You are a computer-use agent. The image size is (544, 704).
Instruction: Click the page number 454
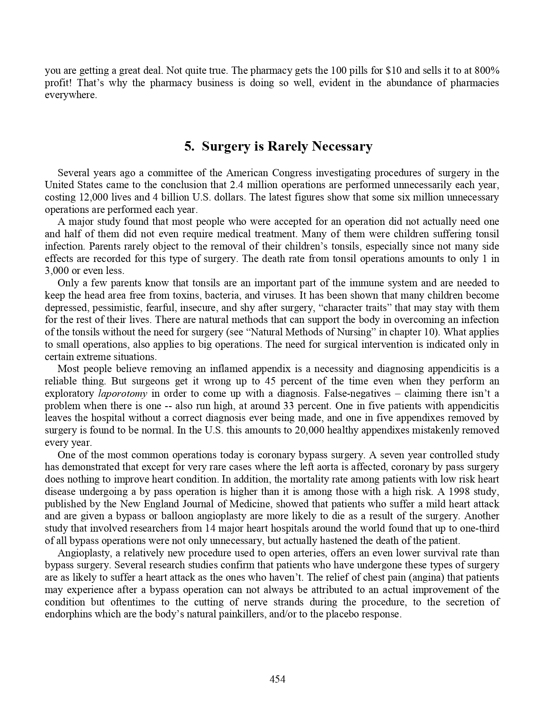pyautogui.click(x=277, y=679)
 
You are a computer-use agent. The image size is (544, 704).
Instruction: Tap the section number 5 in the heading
pyautogui.click(x=188, y=146)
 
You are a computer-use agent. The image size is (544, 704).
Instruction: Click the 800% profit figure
pyautogui.click(x=486, y=70)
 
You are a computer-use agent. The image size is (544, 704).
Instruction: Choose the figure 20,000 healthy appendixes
pyautogui.click(x=309, y=430)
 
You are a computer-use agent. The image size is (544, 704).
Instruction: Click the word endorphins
pyautogui.click(x=65, y=614)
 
